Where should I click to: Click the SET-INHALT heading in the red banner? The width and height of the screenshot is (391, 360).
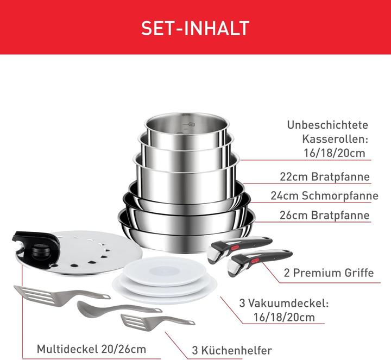pos(195,27)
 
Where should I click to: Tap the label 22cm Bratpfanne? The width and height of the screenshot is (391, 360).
pos(325,177)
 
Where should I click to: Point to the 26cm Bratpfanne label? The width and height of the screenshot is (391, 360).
pos(325,216)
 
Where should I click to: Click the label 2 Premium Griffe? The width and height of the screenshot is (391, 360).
pos(329,273)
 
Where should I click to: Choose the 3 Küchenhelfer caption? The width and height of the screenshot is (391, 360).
pos(231,350)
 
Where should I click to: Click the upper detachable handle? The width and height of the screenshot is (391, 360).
pos(239,247)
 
